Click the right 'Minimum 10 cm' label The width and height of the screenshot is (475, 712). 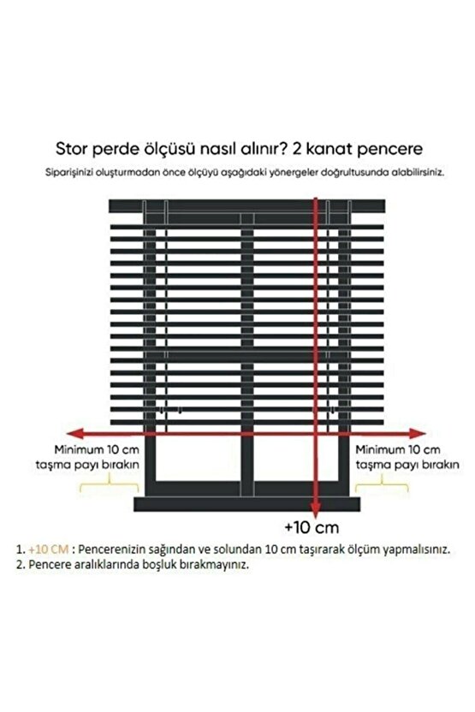click(x=396, y=449)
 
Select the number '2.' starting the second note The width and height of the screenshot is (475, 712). click(x=19, y=565)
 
